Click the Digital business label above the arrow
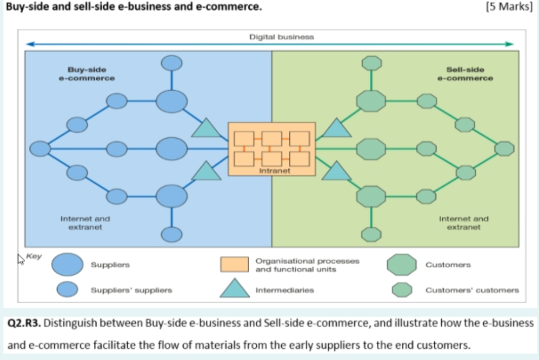pos(281,37)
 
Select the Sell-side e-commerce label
pos(465,74)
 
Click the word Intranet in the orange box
pos(275,171)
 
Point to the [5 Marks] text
pos(511,8)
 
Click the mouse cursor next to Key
pos(21,260)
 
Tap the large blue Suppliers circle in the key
pos(67,265)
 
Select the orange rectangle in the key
pos(235,264)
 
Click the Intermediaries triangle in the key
pos(235,289)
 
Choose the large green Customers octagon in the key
pos(402,264)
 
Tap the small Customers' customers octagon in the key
pos(402,290)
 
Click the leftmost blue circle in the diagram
pos(40,149)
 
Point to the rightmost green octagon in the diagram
pos(504,149)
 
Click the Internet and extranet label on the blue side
pos(85,223)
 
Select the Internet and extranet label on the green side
pos(464,223)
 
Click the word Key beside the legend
pos(34,257)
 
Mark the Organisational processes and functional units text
pos(307,265)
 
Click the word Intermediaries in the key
pos(285,291)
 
